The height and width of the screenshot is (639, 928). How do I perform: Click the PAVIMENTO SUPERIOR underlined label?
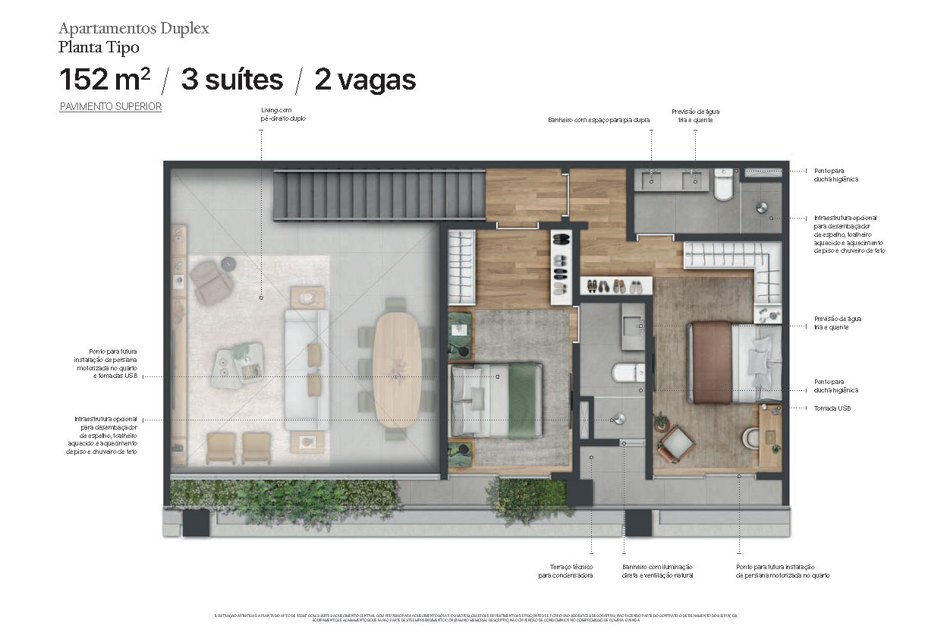tap(111, 107)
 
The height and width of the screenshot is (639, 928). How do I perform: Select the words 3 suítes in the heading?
tap(231, 80)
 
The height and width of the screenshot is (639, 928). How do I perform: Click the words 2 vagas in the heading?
tap(365, 80)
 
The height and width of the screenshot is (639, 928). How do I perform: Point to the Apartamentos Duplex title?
tap(134, 30)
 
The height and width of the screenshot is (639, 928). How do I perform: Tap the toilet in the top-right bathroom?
tap(724, 185)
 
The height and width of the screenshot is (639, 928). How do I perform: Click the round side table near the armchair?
tap(228, 263)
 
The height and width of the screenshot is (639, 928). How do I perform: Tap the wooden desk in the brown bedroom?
tap(769, 437)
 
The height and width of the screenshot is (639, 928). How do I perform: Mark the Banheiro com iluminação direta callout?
tap(657, 571)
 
